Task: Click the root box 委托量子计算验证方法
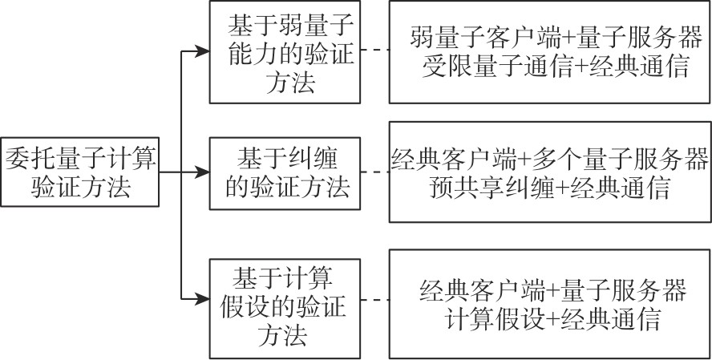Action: (79, 170)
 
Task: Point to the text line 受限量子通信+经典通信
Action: (549, 67)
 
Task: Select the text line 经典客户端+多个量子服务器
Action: (550, 156)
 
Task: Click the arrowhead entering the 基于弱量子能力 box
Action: (201, 54)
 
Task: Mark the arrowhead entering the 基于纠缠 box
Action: (201, 171)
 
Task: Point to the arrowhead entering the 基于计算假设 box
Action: (201, 299)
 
